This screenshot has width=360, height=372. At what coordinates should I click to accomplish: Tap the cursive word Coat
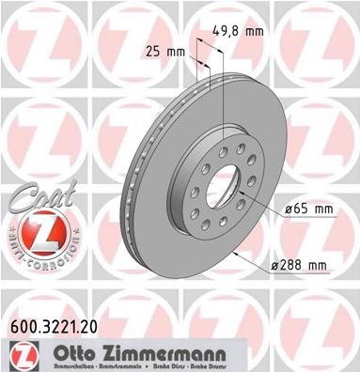[x=33, y=199]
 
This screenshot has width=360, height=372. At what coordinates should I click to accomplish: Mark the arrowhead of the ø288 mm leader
[x=235, y=252]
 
